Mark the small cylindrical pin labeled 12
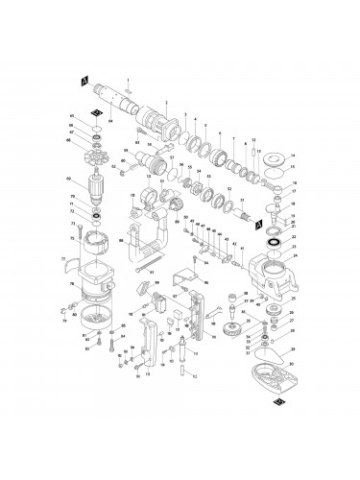(252, 150)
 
